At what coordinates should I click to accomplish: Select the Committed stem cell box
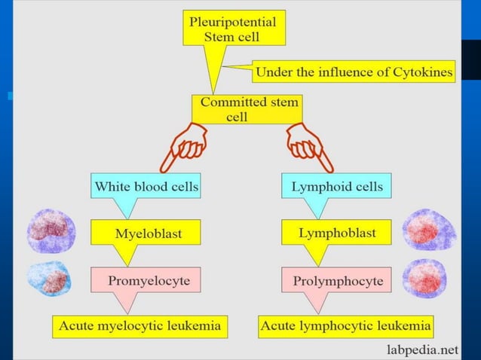[246, 109]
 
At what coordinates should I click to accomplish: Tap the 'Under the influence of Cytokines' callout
[354, 73]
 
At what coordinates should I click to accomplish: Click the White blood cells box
[145, 186]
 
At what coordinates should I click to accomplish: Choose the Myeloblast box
[148, 233]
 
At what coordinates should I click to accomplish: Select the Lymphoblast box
[336, 233]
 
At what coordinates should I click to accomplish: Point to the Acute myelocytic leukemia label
[142, 327]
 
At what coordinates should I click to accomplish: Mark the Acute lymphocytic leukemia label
[346, 327]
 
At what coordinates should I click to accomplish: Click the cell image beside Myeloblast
[51, 230]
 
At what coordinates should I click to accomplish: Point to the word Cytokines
[423, 73]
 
